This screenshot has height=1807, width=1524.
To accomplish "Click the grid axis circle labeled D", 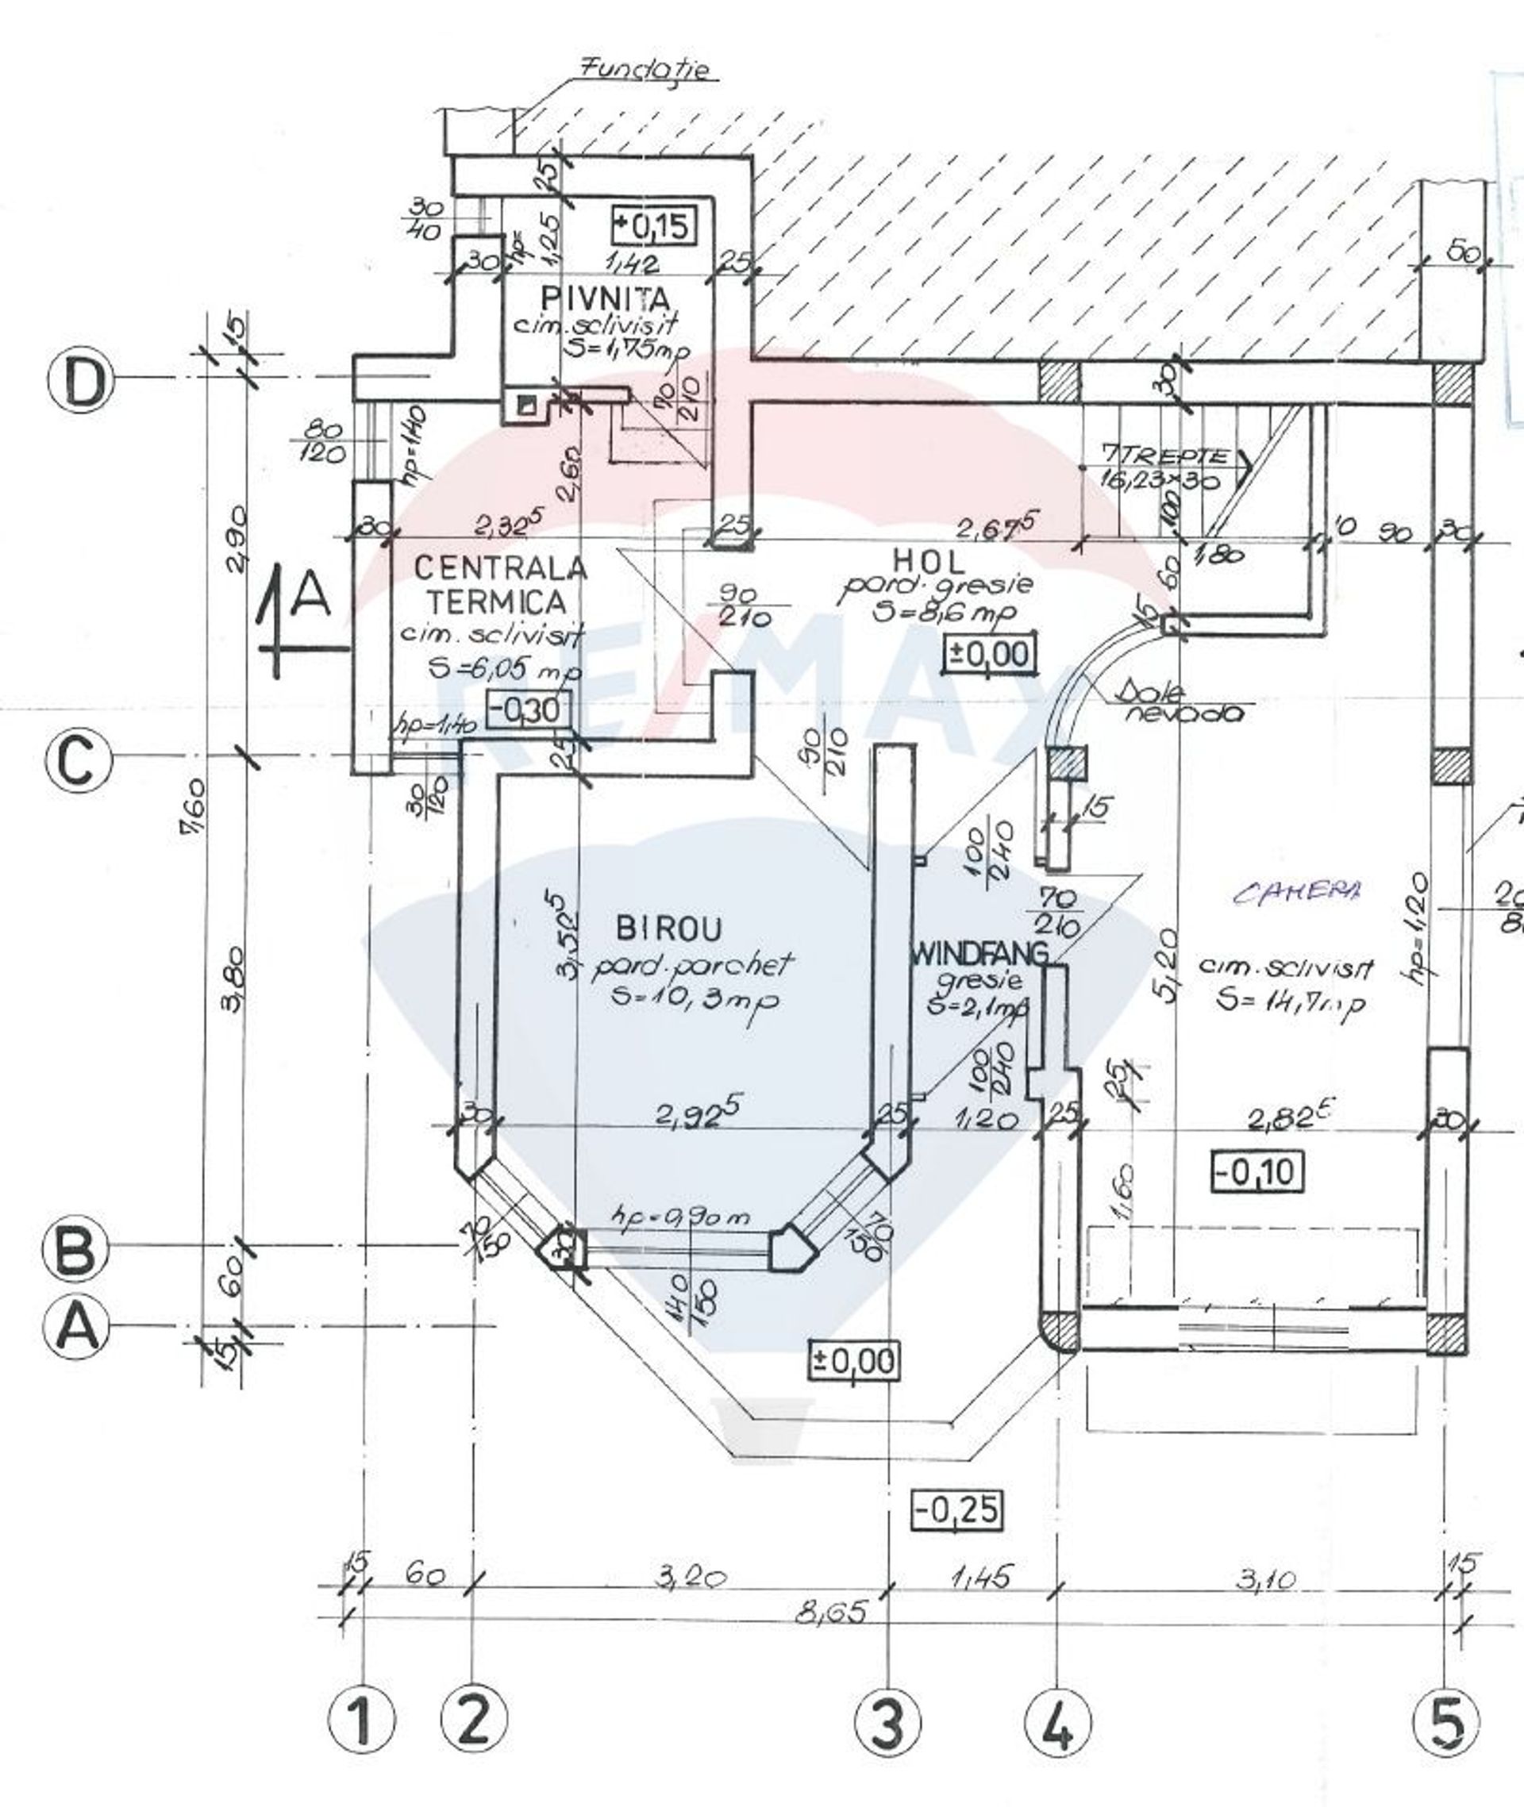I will pyautogui.click(x=80, y=382).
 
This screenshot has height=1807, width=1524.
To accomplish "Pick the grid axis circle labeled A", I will pyautogui.click(x=77, y=1326).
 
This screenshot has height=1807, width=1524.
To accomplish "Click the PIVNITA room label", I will pyautogui.click(x=605, y=299).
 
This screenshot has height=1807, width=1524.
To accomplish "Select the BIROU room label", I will pyautogui.click(x=668, y=929).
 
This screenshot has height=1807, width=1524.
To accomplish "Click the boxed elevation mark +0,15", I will pyautogui.click(x=652, y=225).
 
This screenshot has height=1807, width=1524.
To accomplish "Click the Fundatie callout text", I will pyautogui.click(x=648, y=69).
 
